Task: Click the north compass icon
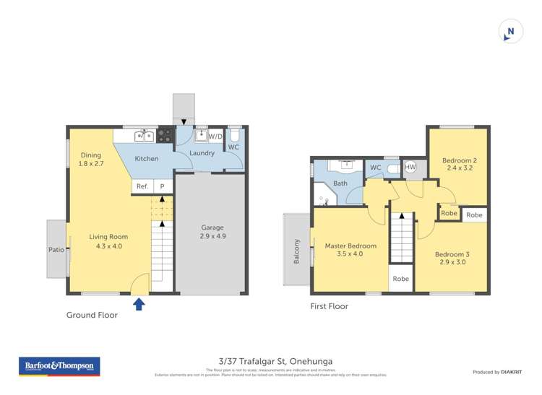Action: click(510, 31)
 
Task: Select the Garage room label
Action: click(212, 231)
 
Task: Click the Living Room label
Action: click(108, 240)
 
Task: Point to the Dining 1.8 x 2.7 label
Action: click(91, 159)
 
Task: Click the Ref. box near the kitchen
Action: click(142, 186)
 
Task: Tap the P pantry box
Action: click(163, 186)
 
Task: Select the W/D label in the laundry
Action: click(215, 136)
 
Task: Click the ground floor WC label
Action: click(233, 147)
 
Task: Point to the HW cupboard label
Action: click(410, 168)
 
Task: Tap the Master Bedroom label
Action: click(350, 250)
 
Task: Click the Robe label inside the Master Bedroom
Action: click(400, 279)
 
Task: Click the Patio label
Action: click(56, 250)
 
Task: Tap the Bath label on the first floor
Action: click(340, 183)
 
